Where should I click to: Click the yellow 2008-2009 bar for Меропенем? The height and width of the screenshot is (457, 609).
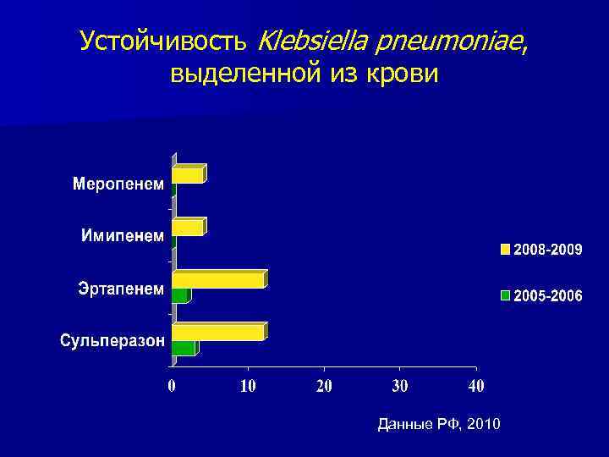pos(188,175)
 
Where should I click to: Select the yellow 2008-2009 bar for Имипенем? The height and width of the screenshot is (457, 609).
pos(188,228)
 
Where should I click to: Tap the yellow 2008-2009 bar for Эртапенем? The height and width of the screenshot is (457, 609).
pos(218,279)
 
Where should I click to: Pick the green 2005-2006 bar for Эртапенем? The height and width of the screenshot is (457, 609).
pos(180,295)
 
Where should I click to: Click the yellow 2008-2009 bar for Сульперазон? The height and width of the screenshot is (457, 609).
pos(218,332)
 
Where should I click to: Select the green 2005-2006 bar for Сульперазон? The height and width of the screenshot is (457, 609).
pos(184,348)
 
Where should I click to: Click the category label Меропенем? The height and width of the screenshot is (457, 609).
pos(118,184)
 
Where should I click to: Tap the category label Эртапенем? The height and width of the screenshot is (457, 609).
pos(122,289)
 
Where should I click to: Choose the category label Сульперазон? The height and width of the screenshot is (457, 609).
pos(112,341)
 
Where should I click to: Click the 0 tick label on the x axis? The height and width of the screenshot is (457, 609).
pos(172,387)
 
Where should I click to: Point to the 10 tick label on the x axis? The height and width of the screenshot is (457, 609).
pos(248,387)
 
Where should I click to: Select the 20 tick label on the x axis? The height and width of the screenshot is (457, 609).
pos(324,387)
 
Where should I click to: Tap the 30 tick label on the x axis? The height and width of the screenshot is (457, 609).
pos(400,387)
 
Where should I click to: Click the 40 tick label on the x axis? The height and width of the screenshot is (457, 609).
pos(476,387)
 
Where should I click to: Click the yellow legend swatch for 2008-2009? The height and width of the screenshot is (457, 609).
pos(506,250)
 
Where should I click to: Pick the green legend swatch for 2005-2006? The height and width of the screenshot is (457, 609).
pos(506,295)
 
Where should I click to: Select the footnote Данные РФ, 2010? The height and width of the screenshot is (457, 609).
pos(438,423)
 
